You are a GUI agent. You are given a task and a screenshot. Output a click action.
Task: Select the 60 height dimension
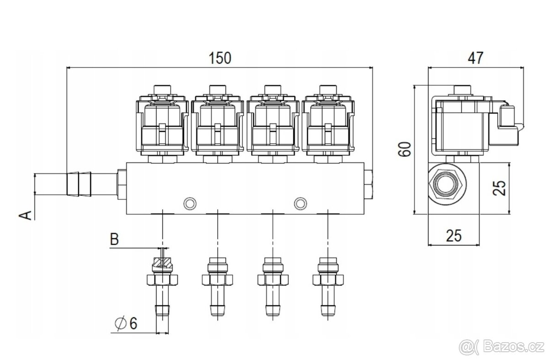[404, 150]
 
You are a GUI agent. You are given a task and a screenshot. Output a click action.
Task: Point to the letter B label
[114, 239]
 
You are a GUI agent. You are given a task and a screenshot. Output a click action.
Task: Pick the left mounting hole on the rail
[189, 202]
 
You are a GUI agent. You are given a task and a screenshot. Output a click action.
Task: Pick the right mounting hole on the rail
[300, 202]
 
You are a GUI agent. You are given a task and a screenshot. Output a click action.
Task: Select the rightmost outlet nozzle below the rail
[328, 288]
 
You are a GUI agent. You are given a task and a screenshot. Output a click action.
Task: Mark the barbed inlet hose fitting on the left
[78, 183]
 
